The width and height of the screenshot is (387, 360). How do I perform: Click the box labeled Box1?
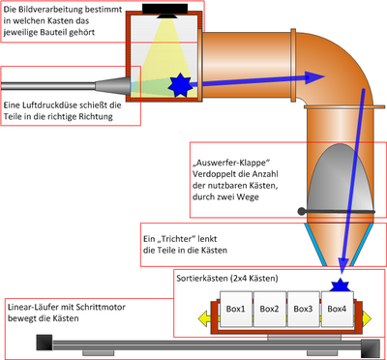[x=236, y=309]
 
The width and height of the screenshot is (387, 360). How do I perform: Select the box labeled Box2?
[x=269, y=309]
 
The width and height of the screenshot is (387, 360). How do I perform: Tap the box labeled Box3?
[x=303, y=309]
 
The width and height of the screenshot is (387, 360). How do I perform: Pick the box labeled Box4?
[x=337, y=309]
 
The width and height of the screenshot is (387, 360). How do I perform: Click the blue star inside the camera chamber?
[x=180, y=85]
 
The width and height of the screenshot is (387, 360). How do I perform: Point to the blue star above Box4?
[x=341, y=285]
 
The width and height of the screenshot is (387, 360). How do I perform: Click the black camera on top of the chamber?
[x=165, y=10]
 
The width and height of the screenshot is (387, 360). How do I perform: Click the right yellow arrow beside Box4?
[x=367, y=318]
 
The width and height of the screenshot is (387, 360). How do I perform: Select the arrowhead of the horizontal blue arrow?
[x=313, y=77]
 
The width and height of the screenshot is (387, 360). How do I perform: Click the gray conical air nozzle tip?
[x=111, y=85]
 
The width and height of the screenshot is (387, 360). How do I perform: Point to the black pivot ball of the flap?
[x=301, y=211]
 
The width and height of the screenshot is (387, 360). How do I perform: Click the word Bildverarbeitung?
[x=44, y=10]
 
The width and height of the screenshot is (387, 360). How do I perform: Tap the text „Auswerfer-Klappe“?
[x=231, y=162]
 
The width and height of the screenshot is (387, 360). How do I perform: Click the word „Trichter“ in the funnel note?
[x=174, y=239]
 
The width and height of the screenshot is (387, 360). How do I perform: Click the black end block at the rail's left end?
[x=45, y=343]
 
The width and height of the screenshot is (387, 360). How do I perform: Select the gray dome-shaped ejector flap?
[x=340, y=177]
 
